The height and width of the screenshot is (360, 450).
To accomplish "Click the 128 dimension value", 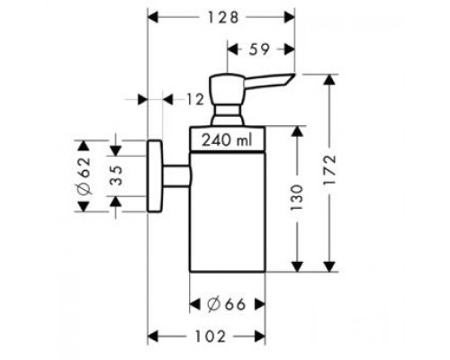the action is coord(223,17).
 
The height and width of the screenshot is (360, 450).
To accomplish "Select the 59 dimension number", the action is coord(259,49).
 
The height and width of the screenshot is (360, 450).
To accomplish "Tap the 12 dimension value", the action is coord(195,99).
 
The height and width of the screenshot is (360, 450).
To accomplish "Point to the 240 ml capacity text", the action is coord(227,140).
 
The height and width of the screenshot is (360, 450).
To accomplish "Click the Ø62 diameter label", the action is coord(84,175).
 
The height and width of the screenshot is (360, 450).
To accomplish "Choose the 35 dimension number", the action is coord(115,175).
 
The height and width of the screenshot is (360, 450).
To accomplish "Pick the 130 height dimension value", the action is coord(297,198).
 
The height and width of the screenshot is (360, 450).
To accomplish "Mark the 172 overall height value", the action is coord(329,170).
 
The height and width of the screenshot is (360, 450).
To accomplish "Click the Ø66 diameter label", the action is coord(227,305).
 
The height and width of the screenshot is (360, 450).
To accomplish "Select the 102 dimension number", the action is coord(210,337).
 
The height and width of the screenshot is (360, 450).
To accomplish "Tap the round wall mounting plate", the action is coord(155,176).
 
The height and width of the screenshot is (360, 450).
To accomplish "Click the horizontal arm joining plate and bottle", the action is coord(176,176).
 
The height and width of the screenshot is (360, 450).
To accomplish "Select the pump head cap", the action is coord(228,88).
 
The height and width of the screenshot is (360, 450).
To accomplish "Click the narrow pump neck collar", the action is coord(228,114).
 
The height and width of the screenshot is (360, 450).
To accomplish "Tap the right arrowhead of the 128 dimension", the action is coord(290,17).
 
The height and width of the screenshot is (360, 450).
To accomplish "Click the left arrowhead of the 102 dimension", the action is coord(153,337).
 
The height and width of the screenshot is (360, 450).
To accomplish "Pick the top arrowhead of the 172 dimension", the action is coord(329,79).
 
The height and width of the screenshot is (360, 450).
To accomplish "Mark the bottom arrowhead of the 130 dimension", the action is coord(297,266).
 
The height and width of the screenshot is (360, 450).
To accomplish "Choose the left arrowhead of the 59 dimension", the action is coord(233,49).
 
